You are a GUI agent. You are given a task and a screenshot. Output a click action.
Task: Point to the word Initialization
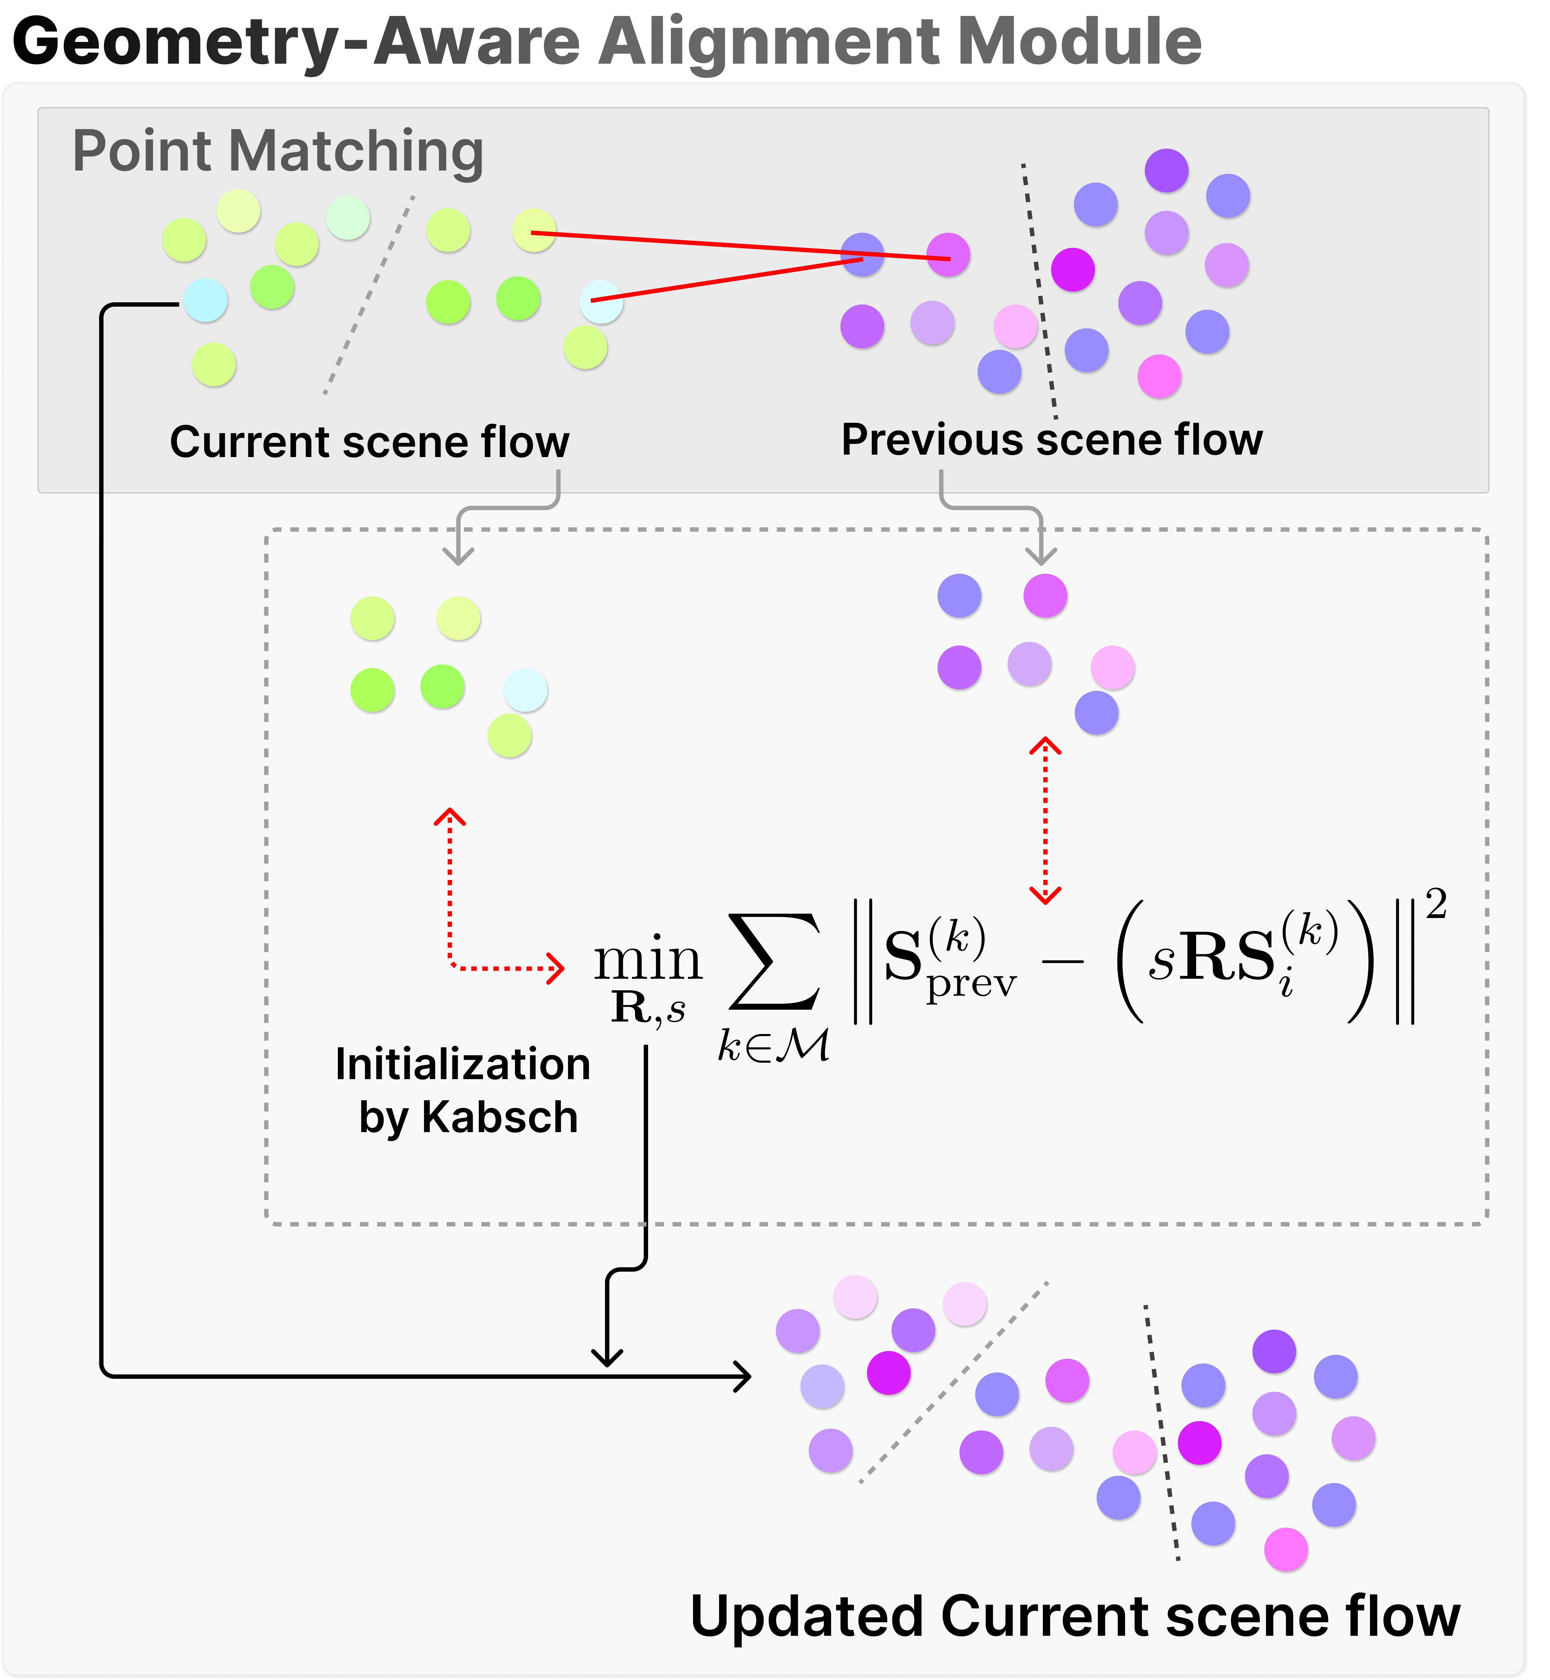pos(463,1064)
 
